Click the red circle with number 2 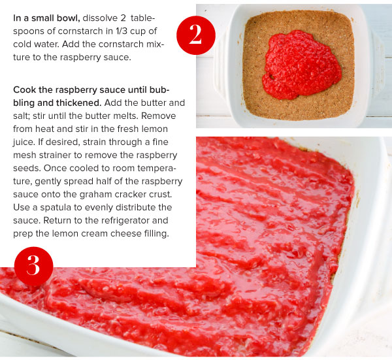click(x=196, y=35)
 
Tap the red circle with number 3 click(x=34, y=267)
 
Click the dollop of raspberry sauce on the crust click(x=301, y=65)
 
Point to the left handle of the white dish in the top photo click(x=220, y=65)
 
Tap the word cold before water click(x=22, y=44)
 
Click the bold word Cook click(x=25, y=90)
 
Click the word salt click(x=21, y=116)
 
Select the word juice click(x=24, y=142)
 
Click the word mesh click(x=24, y=155)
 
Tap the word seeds click(x=27, y=168)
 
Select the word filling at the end click(x=157, y=233)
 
